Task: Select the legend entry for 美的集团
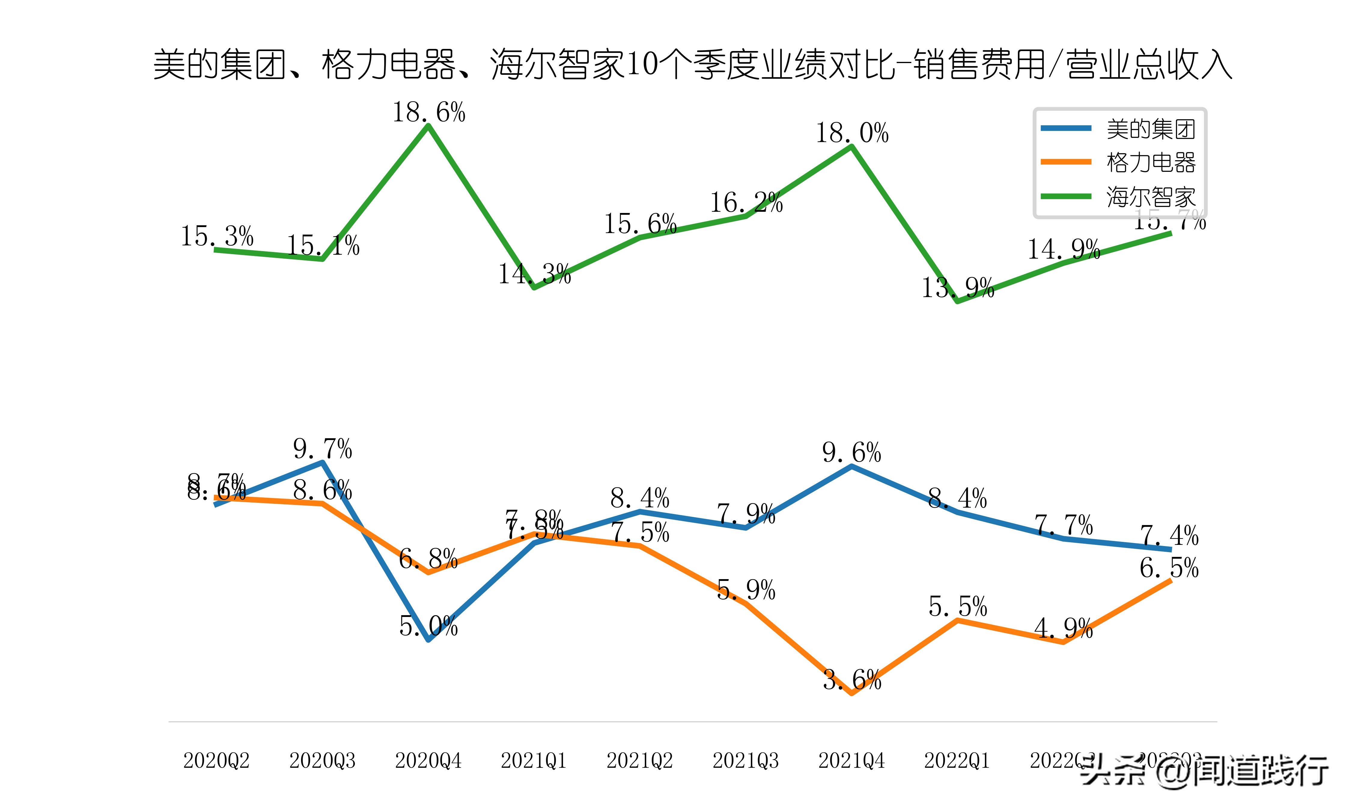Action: click(1150, 129)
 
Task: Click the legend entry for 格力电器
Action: click(1150, 162)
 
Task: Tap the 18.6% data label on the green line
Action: click(428, 113)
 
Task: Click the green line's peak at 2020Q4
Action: click(428, 126)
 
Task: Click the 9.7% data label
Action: click(322, 449)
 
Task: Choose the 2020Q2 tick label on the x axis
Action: click(216, 760)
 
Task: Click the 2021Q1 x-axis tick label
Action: click(534, 760)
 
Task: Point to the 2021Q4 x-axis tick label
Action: click(851, 760)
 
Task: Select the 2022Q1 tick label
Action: click(957, 760)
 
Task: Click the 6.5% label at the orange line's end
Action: click(1169, 568)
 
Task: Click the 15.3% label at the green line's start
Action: click(217, 236)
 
